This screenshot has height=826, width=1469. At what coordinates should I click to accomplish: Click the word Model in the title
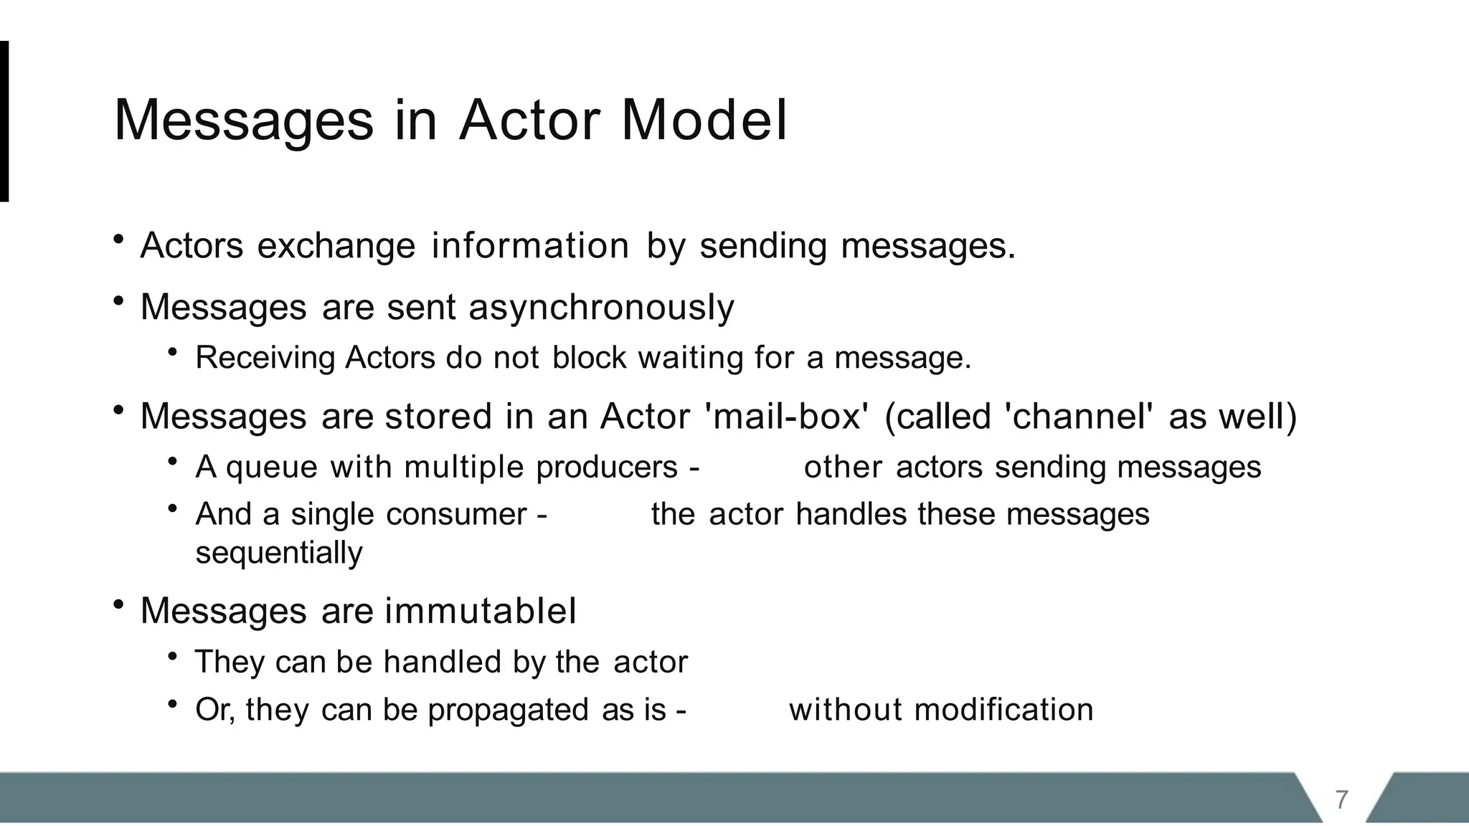(704, 120)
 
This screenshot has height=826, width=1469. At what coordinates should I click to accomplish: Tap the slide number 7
(1341, 799)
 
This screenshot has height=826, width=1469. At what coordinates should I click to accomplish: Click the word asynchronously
(601, 308)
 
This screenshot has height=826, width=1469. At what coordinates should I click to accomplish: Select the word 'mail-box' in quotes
(788, 417)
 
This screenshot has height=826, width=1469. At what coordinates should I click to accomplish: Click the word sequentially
(279, 553)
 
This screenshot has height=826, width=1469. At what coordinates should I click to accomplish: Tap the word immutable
(480, 612)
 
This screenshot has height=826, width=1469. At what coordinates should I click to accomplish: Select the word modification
(1003, 710)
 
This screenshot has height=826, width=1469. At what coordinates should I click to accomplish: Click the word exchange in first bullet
(336, 246)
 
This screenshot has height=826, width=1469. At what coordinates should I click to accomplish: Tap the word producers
(606, 467)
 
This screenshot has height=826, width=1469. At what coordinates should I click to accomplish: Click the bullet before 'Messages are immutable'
(119, 604)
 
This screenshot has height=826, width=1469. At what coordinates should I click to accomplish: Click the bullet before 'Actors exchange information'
(119, 239)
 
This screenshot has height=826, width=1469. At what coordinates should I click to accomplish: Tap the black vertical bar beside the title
(4, 121)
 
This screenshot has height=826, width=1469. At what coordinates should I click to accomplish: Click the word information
(530, 246)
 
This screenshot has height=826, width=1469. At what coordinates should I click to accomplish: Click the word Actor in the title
(529, 120)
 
